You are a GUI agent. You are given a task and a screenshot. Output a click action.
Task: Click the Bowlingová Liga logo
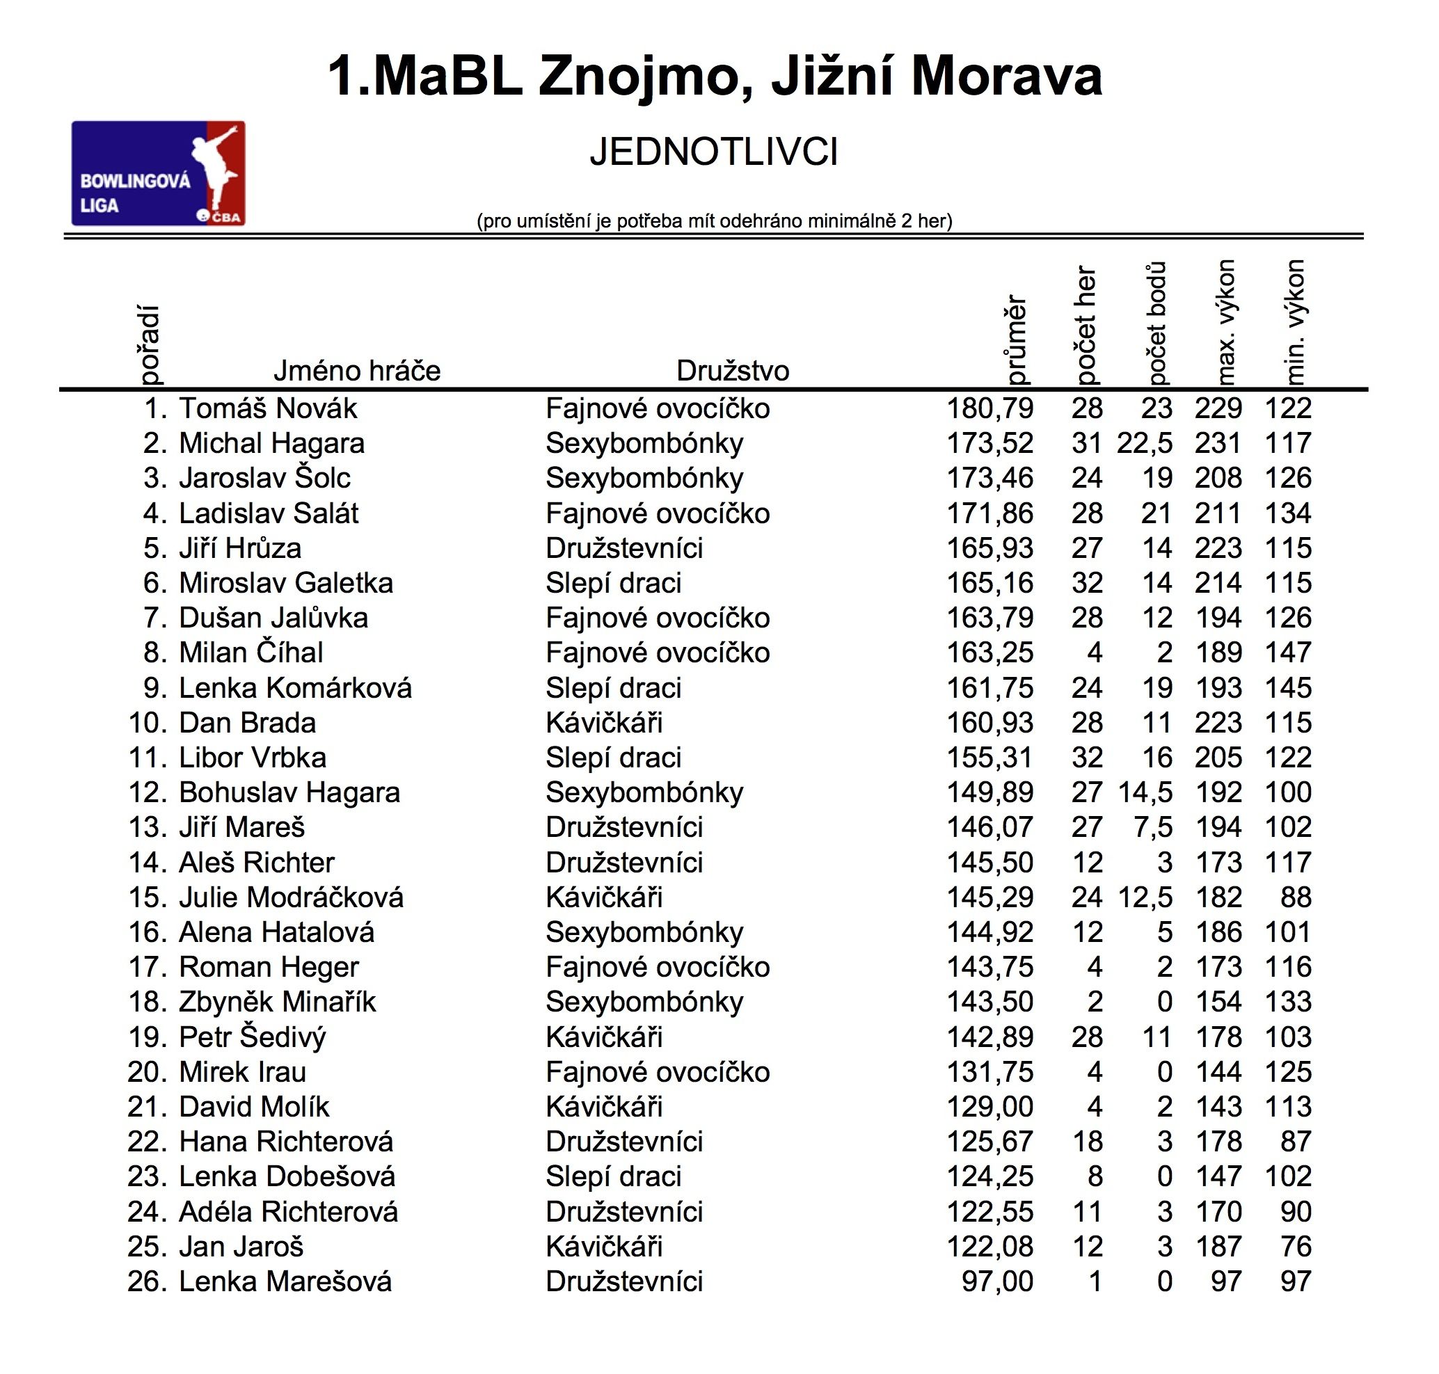pyautogui.click(x=157, y=174)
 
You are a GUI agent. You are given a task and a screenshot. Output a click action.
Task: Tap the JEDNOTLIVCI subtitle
pyautogui.click(x=713, y=153)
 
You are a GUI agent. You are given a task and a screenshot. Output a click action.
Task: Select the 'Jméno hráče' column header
pyautogui.click(x=357, y=371)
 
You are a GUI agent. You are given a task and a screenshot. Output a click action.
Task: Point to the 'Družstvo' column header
pyautogui.click(x=732, y=371)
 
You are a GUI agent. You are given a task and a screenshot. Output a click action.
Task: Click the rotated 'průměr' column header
pyautogui.click(x=1016, y=339)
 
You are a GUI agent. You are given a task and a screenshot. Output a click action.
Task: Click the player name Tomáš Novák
pyautogui.click(x=268, y=408)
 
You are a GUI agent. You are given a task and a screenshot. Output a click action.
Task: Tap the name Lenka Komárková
pyautogui.click(x=295, y=688)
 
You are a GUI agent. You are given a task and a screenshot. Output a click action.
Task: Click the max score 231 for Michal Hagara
pyautogui.click(x=1218, y=443)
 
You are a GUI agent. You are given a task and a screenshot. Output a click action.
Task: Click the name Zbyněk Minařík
pyautogui.click(x=277, y=1002)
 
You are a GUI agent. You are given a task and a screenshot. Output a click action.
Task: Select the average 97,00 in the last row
pyautogui.click(x=996, y=1281)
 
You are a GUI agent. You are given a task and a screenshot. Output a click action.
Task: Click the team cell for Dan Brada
pyautogui.click(x=604, y=723)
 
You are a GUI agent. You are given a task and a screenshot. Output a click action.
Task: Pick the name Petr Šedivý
pyautogui.click(x=252, y=1037)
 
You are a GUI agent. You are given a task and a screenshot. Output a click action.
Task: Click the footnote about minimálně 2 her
pyautogui.click(x=714, y=221)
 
